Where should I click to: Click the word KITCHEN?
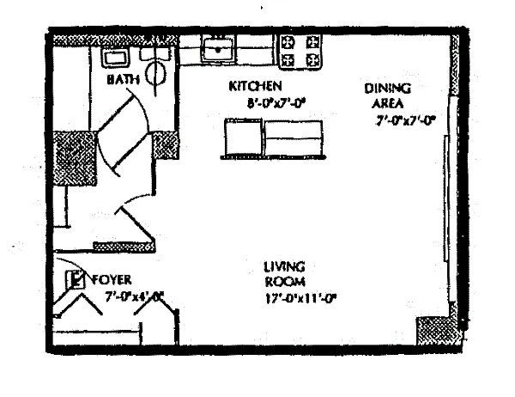coord(255,87)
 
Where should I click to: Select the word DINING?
coord(388,88)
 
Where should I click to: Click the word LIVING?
coord(284,267)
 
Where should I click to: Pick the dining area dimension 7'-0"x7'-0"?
coord(405,121)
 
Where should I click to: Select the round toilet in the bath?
coord(156,72)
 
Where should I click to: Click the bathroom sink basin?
coord(115,57)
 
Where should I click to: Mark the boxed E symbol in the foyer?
coord(76,278)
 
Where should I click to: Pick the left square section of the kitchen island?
coord(242,137)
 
